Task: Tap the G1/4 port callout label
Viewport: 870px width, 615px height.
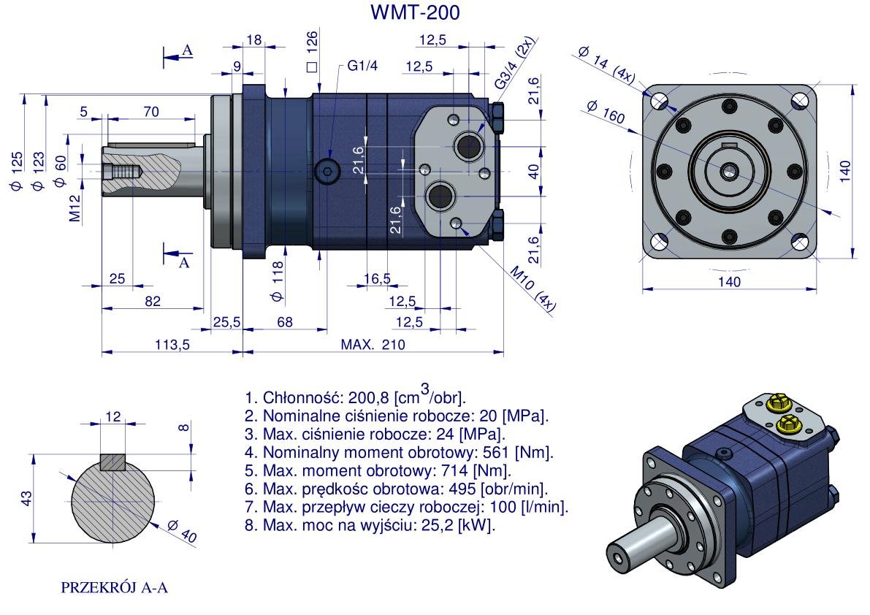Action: pyautogui.click(x=362, y=66)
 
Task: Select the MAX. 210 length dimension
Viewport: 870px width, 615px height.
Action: pyautogui.click(x=373, y=345)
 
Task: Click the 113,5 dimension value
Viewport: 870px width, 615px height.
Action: pyautogui.click(x=172, y=345)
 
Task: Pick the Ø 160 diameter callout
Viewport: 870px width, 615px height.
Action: pyautogui.click(x=605, y=112)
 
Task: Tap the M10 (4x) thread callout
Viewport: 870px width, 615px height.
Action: pyautogui.click(x=533, y=289)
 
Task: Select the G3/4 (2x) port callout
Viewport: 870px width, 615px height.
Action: pyautogui.click(x=515, y=64)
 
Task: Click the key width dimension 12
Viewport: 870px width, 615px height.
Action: pyautogui.click(x=112, y=416)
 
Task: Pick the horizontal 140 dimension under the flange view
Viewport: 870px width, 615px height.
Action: pyautogui.click(x=729, y=281)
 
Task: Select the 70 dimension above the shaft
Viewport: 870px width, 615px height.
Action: pyautogui.click(x=151, y=112)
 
